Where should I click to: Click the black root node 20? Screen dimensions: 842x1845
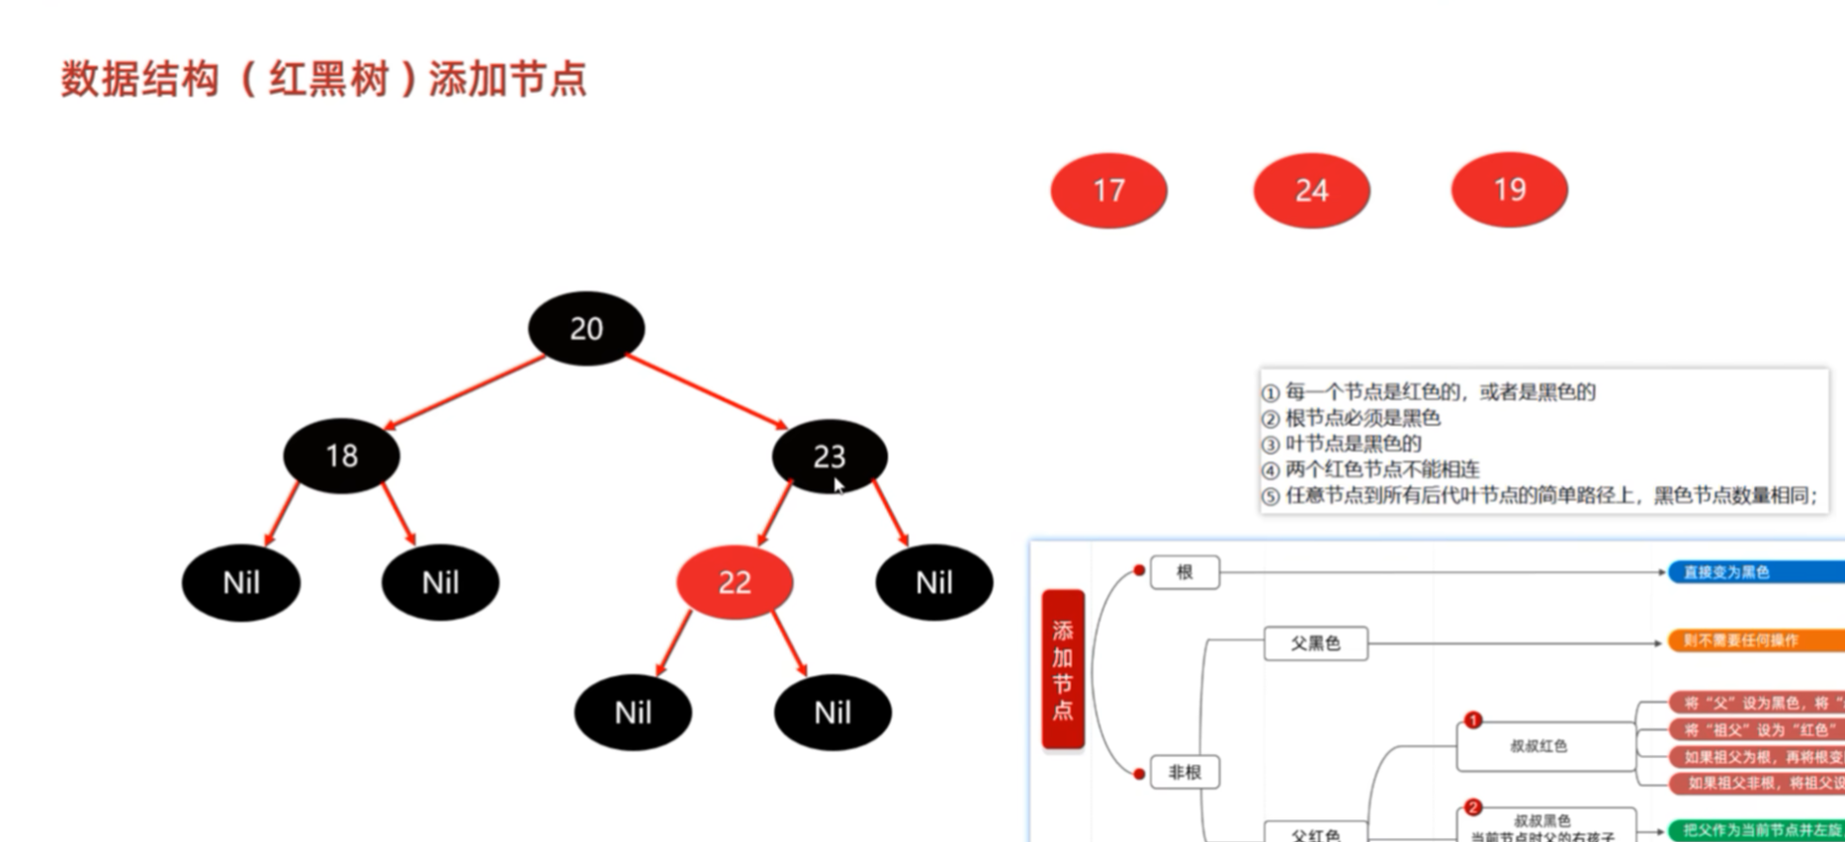click(x=586, y=328)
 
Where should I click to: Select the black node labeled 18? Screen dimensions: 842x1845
click(x=341, y=456)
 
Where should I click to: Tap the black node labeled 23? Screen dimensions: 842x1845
click(x=829, y=456)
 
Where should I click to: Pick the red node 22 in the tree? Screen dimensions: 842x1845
click(x=734, y=582)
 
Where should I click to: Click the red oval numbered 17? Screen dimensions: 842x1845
click(x=1108, y=190)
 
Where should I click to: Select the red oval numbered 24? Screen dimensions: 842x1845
click(x=1311, y=190)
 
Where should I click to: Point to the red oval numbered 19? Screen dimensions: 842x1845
click(x=1509, y=190)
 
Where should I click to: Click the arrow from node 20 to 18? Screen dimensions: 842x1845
click(x=465, y=392)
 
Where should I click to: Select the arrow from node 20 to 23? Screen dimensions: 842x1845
click(x=706, y=391)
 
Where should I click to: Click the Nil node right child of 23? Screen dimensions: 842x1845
click(x=933, y=582)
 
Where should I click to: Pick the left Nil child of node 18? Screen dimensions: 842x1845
click(x=240, y=582)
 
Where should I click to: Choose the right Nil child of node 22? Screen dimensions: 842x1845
click(x=832, y=713)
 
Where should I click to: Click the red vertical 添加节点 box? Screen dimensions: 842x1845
click(x=1063, y=669)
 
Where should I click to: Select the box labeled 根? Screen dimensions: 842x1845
click(x=1185, y=572)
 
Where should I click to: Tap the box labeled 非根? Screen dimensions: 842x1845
click(x=1185, y=772)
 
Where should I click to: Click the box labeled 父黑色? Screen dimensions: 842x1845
click(x=1315, y=643)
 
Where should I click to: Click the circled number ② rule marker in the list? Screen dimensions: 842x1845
click(x=1272, y=419)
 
